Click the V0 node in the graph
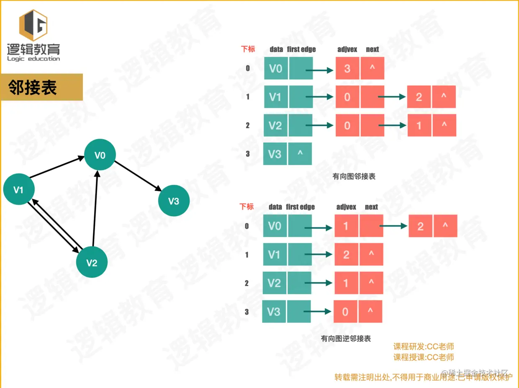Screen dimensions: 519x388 coord(100,155)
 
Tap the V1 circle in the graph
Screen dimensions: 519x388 coord(18,190)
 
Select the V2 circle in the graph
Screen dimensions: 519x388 coord(92,263)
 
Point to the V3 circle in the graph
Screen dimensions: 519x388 coord(174,201)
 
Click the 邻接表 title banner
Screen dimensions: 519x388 coord(41,88)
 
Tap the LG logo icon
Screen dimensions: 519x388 coord(33,26)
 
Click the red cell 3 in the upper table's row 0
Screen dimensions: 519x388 coord(347,68)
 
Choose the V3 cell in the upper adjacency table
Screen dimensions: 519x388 coord(275,154)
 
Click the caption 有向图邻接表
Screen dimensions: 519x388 coord(354,176)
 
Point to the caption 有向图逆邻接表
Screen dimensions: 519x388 coord(346,339)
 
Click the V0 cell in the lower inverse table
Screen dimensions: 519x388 coord(274,226)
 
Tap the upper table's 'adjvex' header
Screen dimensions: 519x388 coord(347,49)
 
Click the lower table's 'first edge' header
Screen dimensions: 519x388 coord(300,207)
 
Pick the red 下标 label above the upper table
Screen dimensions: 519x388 coord(248,49)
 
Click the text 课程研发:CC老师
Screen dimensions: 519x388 coord(423,347)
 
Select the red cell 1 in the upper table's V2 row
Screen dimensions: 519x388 coord(419,125)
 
